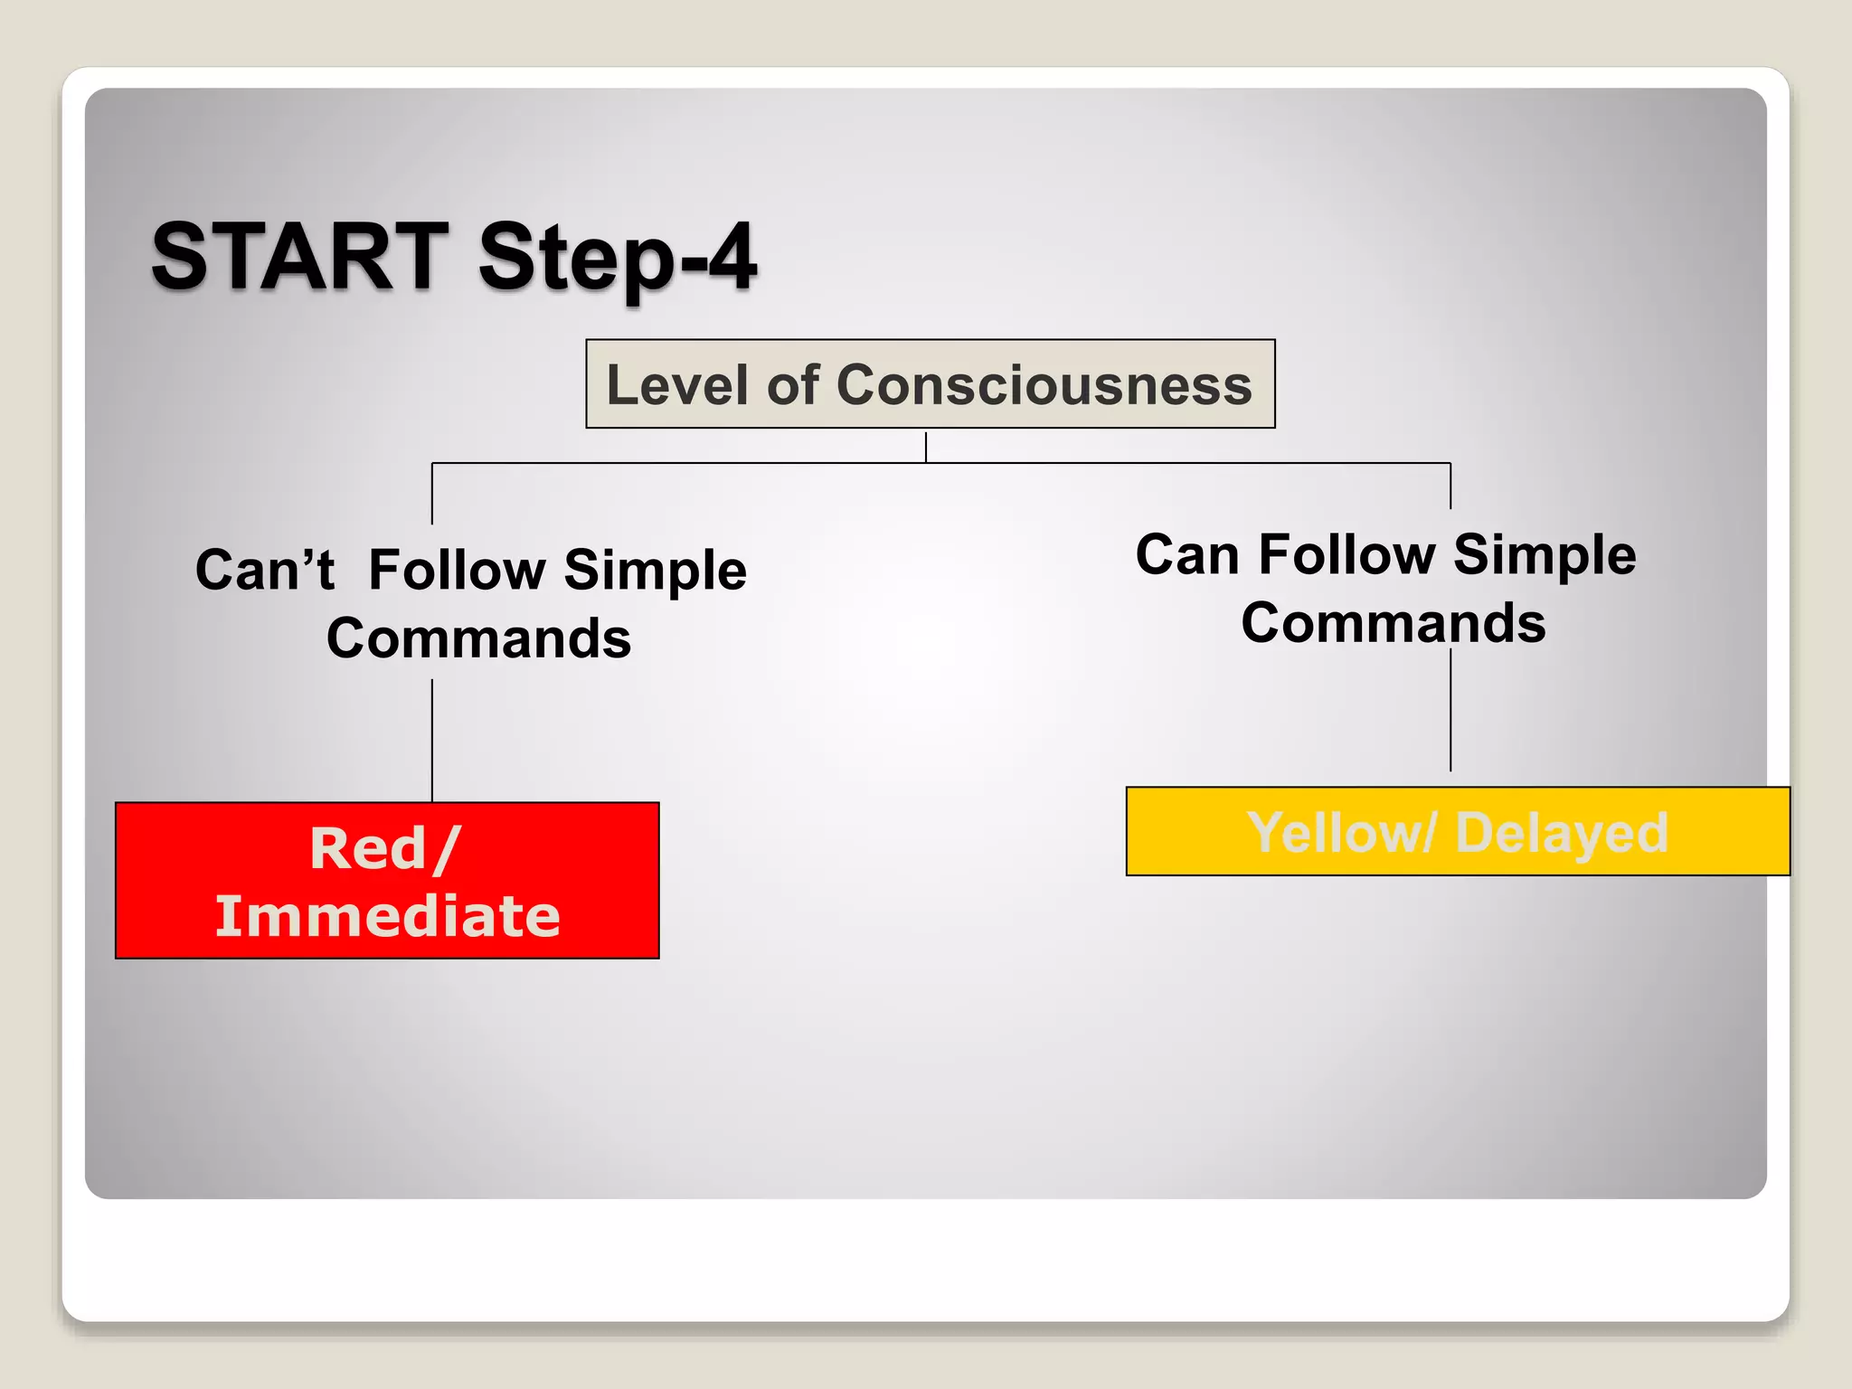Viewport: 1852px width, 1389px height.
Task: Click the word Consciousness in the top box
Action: click(x=1044, y=385)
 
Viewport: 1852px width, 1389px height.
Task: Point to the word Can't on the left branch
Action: click(x=265, y=571)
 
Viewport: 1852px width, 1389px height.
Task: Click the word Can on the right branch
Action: click(x=1186, y=554)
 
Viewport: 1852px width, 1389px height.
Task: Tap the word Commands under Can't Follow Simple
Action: click(x=478, y=638)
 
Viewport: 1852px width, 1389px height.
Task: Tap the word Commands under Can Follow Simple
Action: click(x=1394, y=623)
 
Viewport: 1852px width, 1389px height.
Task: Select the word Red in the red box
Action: click(x=368, y=849)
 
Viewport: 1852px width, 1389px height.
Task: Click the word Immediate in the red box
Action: click(x=387, y=916)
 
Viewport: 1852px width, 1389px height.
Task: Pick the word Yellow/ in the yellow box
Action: click(x=1340, y=833)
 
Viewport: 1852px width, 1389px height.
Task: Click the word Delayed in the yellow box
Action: click(x=1562, y=833)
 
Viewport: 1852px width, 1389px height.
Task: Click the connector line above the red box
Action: click(x=432, y=742)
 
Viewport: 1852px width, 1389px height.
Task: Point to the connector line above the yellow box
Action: click(x=1450, y=710)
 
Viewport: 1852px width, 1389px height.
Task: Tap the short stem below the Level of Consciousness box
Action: click(x=926, y=447)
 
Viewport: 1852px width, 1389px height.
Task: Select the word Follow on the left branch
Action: click(x=457, y=571)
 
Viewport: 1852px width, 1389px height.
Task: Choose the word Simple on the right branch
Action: click(x=1545, y=554)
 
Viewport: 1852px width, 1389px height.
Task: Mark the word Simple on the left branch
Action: click(x=655, y=571)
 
